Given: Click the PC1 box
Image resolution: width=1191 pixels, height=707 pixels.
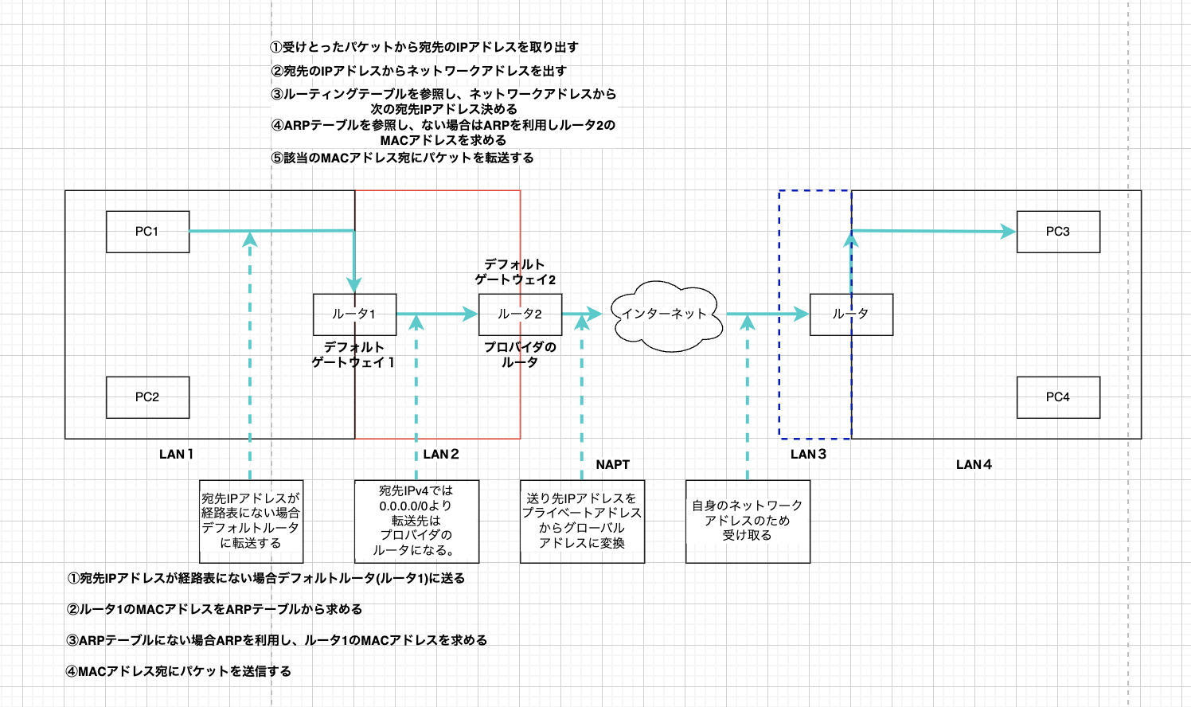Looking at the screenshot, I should point(147,232).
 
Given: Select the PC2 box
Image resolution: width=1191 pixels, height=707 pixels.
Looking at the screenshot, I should point(147,397).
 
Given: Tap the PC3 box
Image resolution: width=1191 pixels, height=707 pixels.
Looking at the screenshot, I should point(1058,232).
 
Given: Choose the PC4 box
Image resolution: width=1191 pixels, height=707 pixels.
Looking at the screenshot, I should point(1058,397).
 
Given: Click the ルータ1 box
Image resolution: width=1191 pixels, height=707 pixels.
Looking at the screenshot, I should point(354,314).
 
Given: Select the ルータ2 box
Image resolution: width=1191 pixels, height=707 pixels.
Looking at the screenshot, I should point(520,314).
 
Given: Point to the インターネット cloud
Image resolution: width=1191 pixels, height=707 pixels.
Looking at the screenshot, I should point(666,314).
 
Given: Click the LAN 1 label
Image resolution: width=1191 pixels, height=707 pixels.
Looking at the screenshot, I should point(176,454).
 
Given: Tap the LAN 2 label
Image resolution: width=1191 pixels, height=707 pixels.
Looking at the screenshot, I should point(441,454).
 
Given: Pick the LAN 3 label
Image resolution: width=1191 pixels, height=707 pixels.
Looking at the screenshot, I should point(808,454).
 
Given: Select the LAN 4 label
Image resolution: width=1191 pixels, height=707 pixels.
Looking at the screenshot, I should point(974,464).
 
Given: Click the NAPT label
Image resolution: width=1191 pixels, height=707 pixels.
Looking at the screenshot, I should point(612,464).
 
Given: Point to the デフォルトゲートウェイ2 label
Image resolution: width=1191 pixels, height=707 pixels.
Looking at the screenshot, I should point(515,271).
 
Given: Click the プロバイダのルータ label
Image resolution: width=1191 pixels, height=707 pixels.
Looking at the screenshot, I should point(520,354).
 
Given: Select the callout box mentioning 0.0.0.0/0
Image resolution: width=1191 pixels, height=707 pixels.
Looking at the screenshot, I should point(416,521).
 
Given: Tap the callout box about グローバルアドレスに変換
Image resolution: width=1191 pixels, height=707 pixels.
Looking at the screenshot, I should point(582,521).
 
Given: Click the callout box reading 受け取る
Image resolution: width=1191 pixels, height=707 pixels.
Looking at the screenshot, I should point(748,521).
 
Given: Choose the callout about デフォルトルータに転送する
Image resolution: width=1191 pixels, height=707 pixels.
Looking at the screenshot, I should point(251,521).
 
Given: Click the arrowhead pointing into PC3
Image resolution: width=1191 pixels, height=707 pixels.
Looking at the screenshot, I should point(1009,232).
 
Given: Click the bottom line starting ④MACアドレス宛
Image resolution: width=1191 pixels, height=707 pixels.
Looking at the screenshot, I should point(179,671).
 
